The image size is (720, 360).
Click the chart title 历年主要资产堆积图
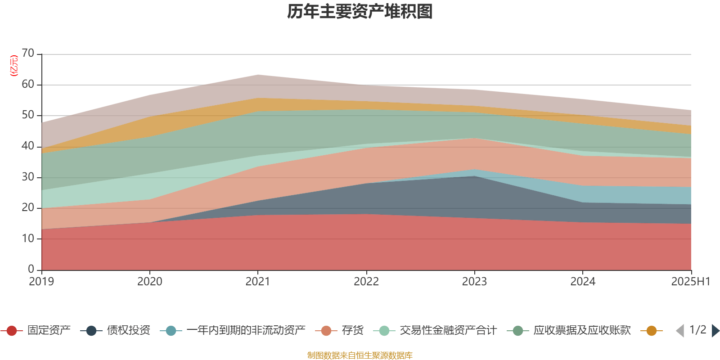[360, 12]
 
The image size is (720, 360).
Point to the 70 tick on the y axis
[28, 54]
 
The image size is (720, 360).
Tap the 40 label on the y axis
[28, 146]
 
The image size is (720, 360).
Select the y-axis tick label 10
[28, 238]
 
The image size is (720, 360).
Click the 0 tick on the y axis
[31, 269]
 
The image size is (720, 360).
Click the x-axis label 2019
[41, 282]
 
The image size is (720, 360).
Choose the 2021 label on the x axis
[258, 282]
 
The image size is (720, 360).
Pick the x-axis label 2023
[474, 282]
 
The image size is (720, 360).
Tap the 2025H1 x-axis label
[690, 282]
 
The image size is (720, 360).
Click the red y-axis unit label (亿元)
[14, 66]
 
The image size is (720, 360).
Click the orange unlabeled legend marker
[651, 331]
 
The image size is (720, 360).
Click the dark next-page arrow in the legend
[715, 331]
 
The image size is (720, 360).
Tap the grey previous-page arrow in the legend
[680, 331]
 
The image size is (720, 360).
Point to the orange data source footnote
[360, 355]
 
